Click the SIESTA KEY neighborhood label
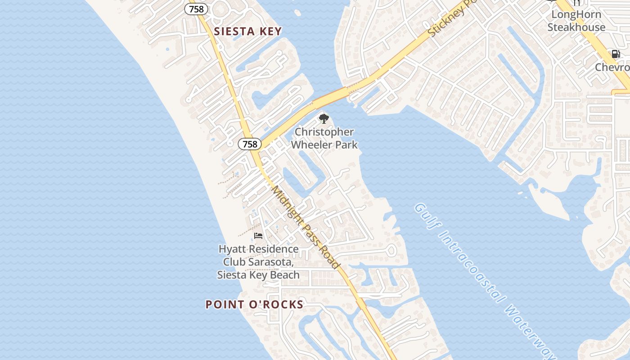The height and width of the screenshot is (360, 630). [247, 31]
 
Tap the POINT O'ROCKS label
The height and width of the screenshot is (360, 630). [254, 305]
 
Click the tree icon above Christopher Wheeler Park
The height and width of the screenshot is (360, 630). [324, 119]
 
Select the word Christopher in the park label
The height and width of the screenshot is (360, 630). [324, 132]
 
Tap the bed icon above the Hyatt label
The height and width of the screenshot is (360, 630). [258, 236]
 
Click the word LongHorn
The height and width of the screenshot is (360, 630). [576, 14]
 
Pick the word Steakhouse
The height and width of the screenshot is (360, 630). [576, 27]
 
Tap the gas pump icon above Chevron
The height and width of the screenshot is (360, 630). [615, 54]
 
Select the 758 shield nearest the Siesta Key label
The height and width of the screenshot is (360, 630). [196, 9]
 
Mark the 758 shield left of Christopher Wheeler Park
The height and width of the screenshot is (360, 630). [249, 144]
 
